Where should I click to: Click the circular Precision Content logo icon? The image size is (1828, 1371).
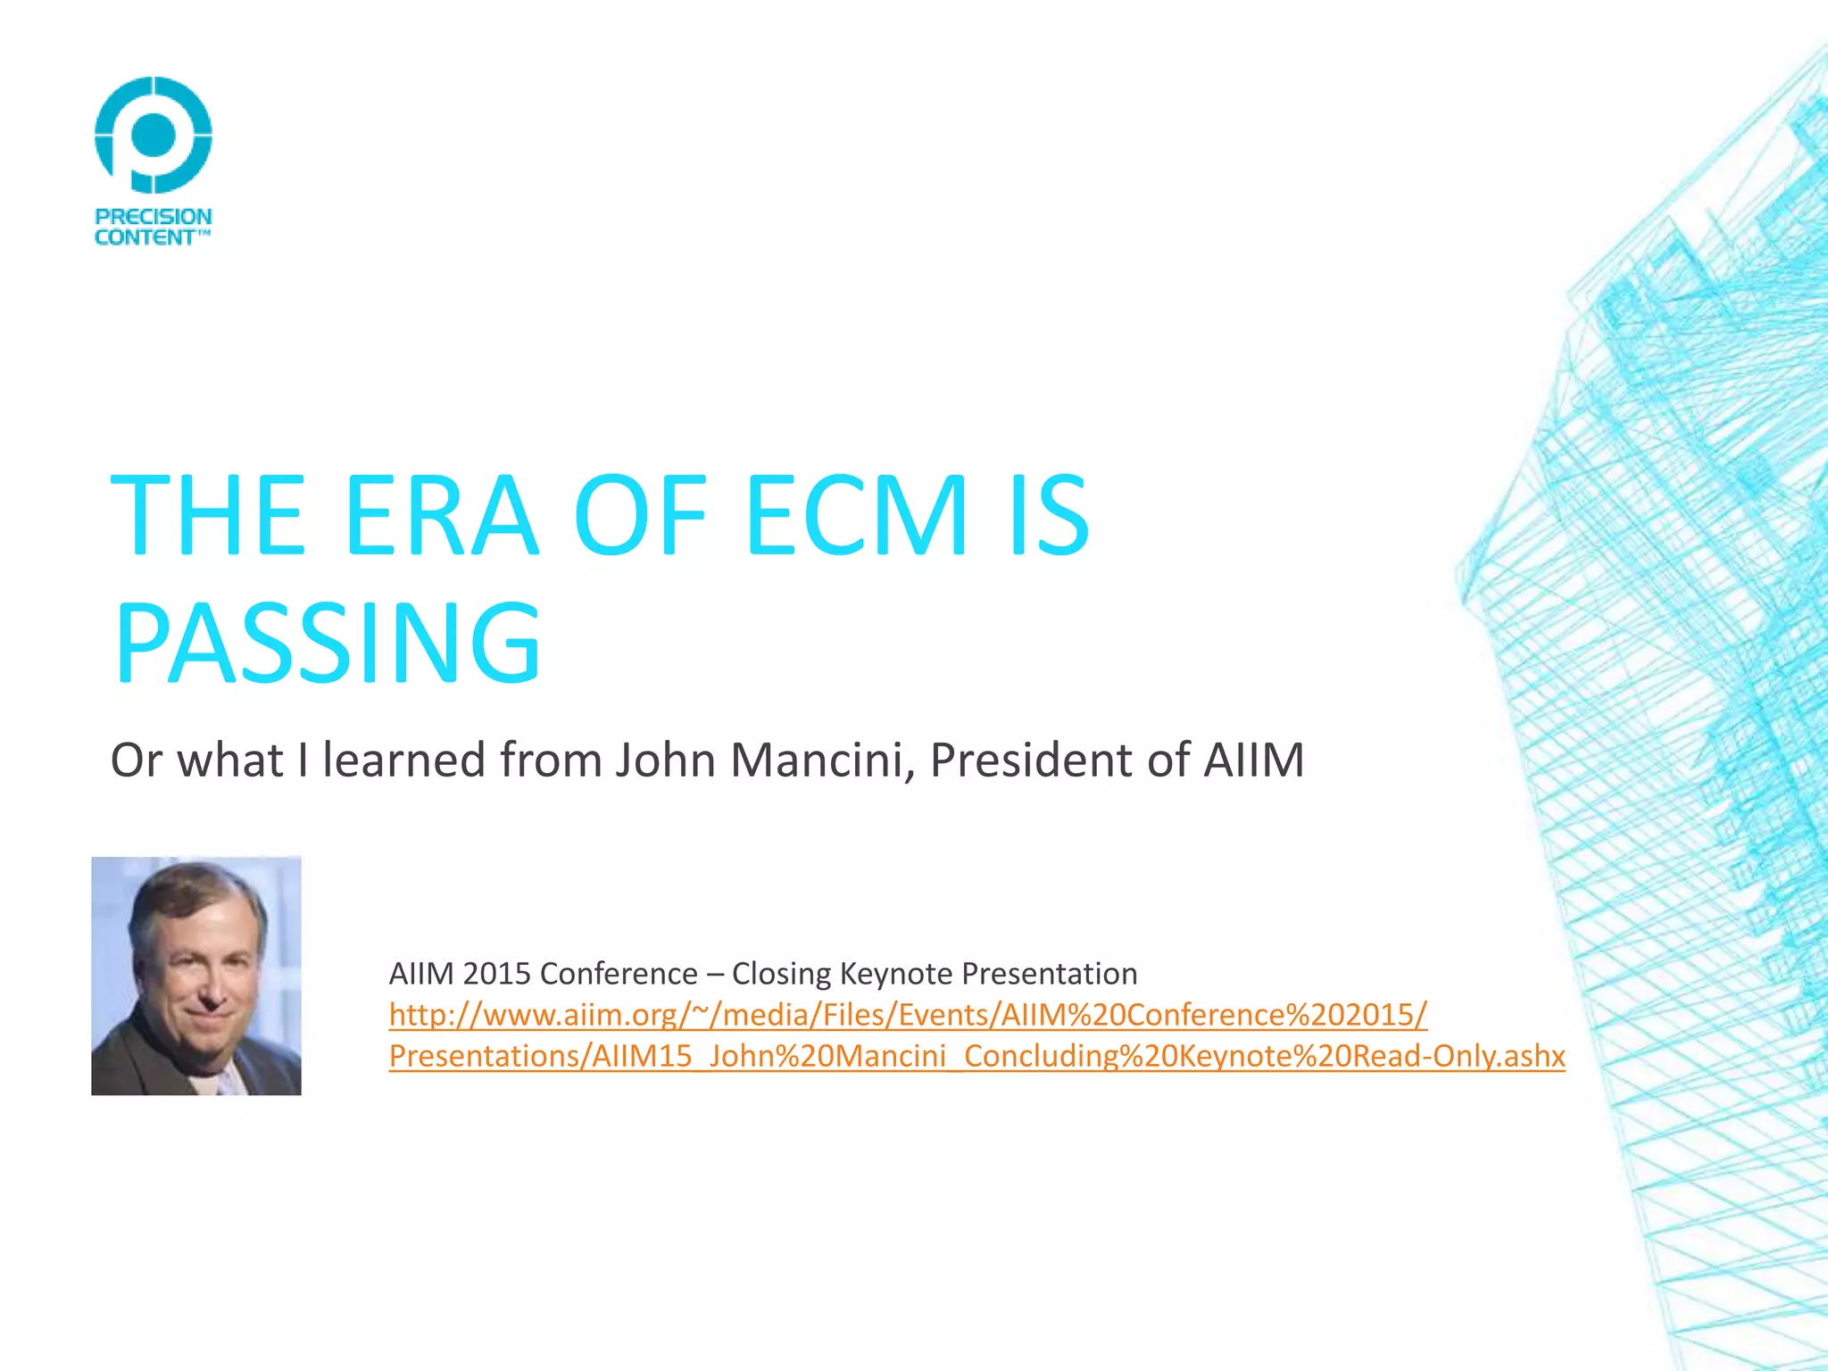point(154,135)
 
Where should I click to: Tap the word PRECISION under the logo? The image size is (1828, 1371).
point(154,217)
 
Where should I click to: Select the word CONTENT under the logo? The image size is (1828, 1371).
point(145,237)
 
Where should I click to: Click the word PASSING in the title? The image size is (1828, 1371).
point(328,644)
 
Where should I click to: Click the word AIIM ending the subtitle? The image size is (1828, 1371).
point(1253,760)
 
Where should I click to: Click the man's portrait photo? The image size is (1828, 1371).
point(196,976)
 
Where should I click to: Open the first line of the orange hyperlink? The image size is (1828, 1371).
point(908,1015)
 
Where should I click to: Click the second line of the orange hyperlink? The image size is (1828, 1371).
point(976,1056)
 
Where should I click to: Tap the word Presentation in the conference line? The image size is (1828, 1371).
point(1052,974)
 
